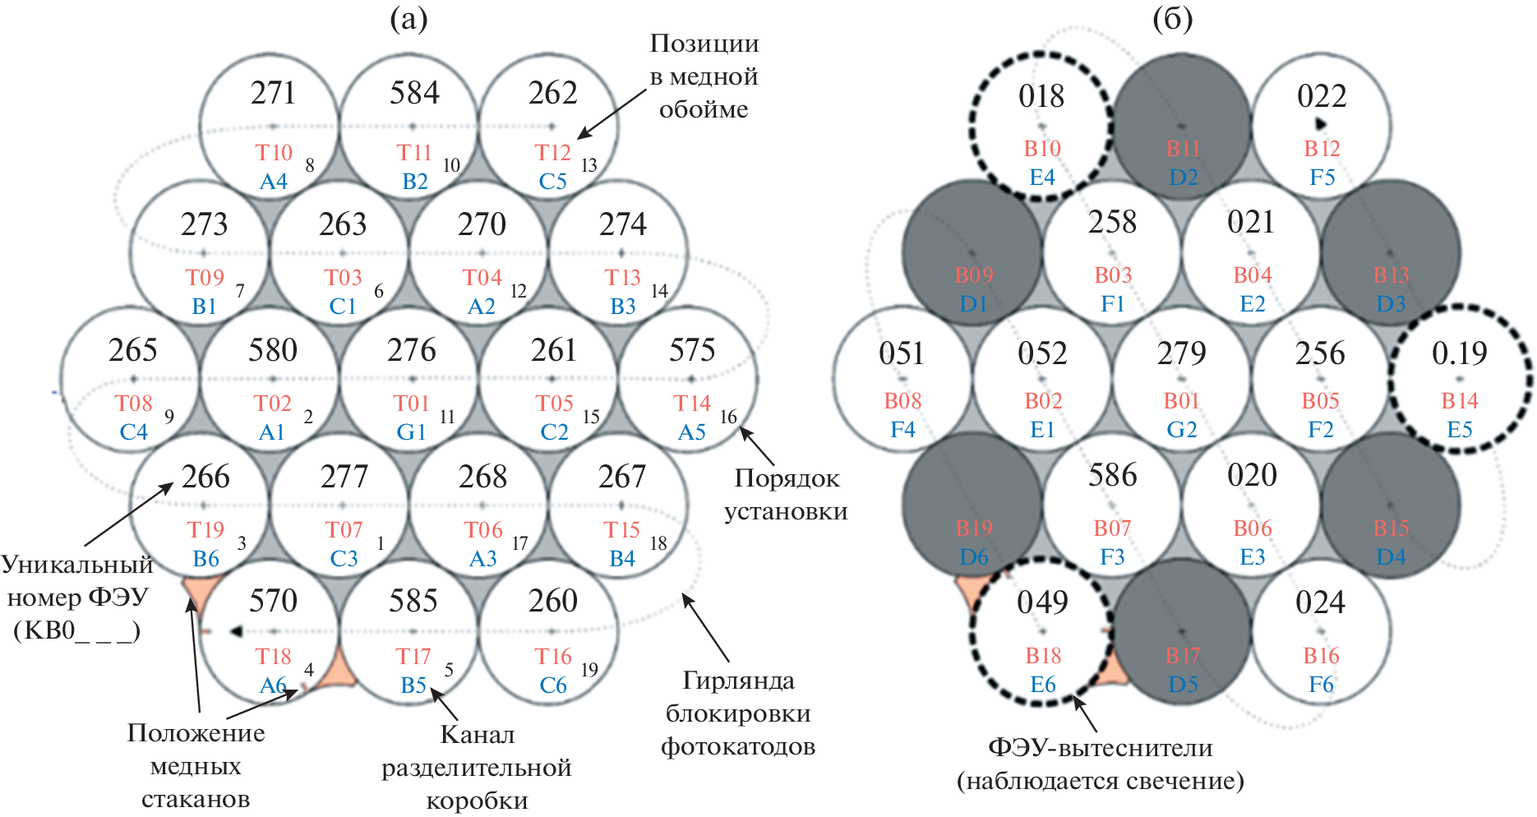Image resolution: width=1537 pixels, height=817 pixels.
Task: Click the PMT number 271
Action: click(273, 93)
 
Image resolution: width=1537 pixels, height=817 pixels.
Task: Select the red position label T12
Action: click(552, 153)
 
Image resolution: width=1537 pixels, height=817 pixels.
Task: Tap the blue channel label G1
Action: click(411, 432)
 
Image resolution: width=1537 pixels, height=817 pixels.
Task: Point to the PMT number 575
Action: click(692, 350)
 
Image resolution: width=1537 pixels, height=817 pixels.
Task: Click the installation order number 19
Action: click(588, 670)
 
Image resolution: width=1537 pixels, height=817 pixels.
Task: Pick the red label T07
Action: click(344, 530)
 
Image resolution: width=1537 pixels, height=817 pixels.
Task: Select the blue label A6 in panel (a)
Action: click(273, 685)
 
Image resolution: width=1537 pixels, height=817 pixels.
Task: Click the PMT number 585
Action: click(413, 601)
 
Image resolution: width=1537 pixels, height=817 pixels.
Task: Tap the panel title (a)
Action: click(408, 18)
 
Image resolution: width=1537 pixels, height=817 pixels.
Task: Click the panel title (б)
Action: click(1172, 18)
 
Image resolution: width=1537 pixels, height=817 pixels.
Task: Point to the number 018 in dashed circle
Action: click(1041, 96)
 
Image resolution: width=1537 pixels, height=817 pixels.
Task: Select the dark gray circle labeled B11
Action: click(1182, 123)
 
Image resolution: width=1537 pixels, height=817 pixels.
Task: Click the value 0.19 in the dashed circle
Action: click(1460, 353)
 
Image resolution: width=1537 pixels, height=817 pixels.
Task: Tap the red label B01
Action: click(1182, 401)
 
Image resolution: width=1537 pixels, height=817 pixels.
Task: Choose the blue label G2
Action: click(1182, 430)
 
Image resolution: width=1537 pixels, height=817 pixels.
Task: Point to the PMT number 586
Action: click(1113, 475)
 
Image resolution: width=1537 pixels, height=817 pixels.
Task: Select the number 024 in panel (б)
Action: click(1320, 602)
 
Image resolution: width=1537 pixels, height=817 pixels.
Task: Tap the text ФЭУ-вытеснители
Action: click(1100, 748)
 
